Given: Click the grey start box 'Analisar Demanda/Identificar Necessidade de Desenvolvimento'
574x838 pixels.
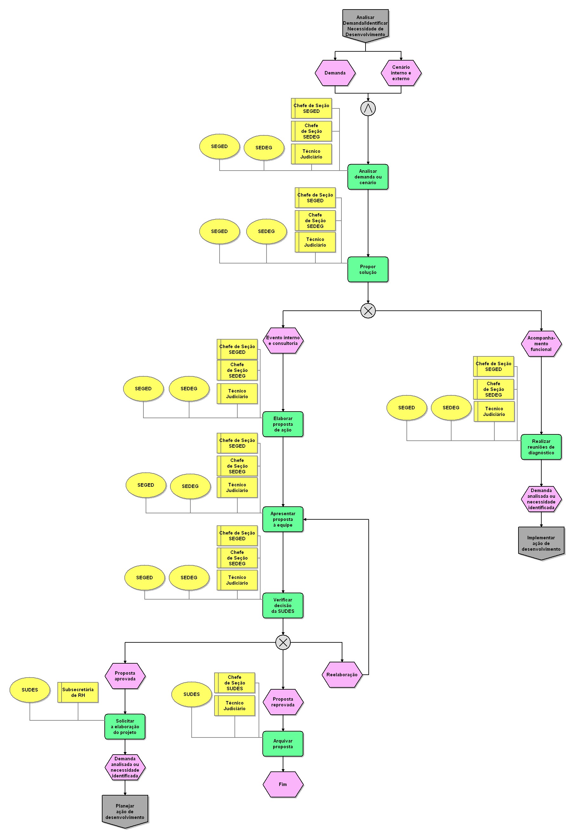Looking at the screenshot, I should click(365, 26).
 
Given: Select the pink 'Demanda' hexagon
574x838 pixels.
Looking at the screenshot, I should click(335, 73).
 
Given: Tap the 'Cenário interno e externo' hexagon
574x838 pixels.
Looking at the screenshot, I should click(401, 73).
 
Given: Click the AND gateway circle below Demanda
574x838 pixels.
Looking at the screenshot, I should click(368, 108).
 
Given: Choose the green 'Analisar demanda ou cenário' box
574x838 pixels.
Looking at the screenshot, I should click(368, 177).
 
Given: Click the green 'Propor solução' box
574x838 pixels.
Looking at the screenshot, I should click(368, 270).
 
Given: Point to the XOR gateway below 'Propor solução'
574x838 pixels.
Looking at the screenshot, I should click(368, 310).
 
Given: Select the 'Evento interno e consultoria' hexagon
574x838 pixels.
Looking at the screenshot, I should click(283, 341).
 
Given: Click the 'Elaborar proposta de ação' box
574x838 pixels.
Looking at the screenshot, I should click(283, 424).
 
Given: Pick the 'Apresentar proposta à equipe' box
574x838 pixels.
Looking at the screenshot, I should click(283, 519).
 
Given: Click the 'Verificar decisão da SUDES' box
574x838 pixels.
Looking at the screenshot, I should click(283, 605).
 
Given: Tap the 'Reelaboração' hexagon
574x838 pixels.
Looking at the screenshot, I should click(342, 675).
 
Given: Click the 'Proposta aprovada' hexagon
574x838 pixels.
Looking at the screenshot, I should click(125, 676).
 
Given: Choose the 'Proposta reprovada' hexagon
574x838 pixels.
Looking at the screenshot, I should click(283, 702).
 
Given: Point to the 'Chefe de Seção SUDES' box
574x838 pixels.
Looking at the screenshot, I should click(234, 683).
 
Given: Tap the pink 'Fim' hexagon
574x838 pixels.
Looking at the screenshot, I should click(283, 784).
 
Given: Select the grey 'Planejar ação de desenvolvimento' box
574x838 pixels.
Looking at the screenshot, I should click(125, 811).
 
